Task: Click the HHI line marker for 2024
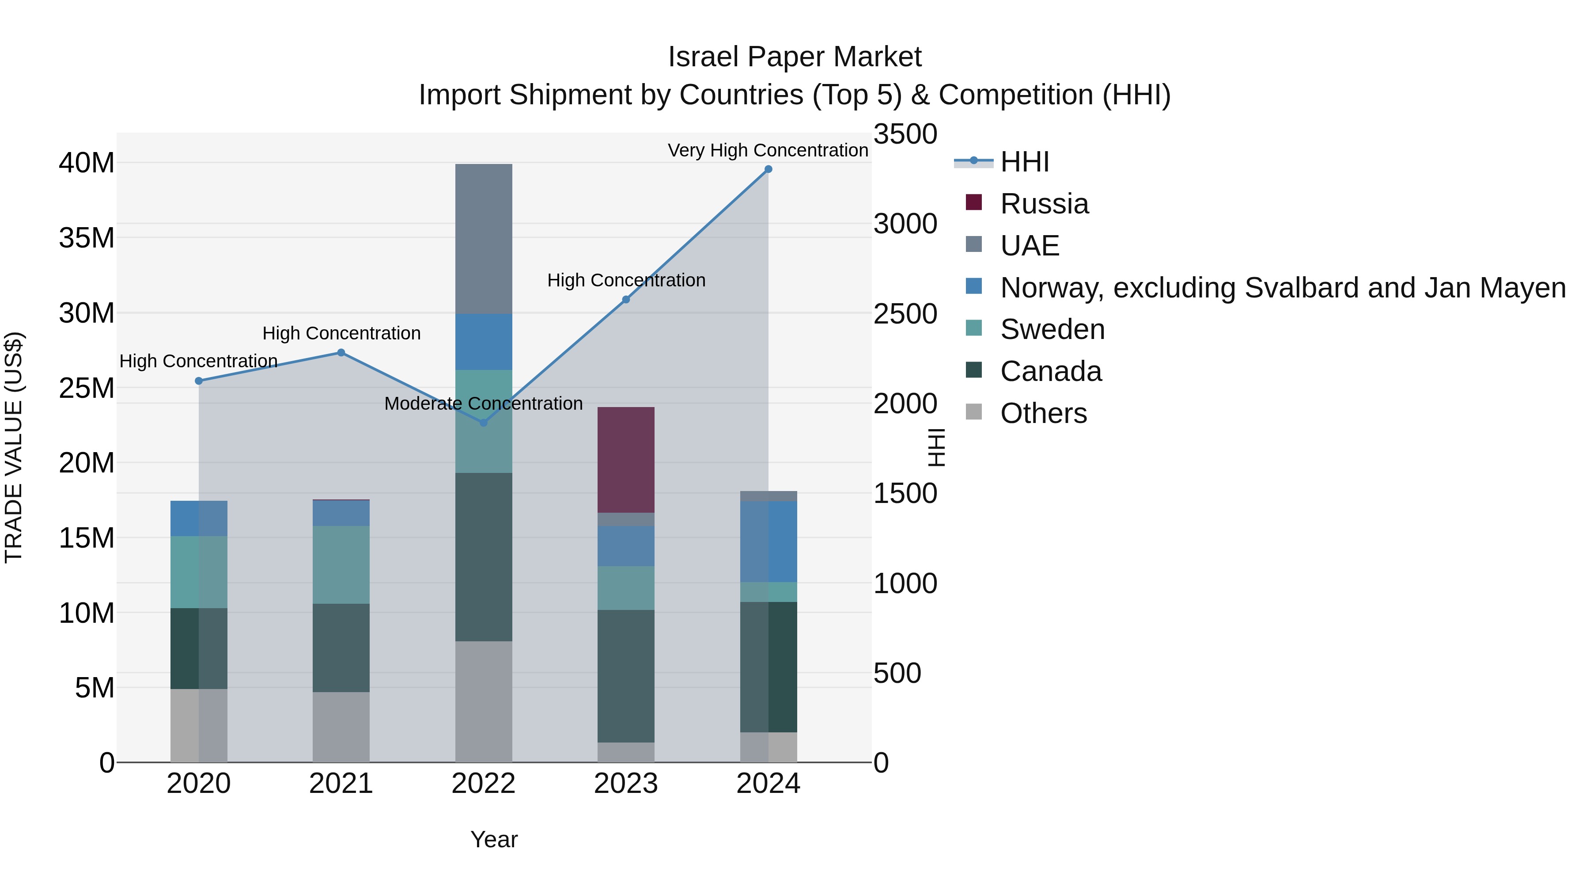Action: (x=768, y=169)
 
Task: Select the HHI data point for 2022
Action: (x=483, y=423)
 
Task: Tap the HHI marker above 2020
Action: (x=199, y=381)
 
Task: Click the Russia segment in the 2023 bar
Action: (x=625, y=460)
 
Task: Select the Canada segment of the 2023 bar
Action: (x=625, y=676)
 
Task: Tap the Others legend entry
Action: (x=1043, y=413)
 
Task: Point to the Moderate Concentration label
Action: (x=483, y=404)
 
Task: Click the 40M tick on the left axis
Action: (x=87, y=163)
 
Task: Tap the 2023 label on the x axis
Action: (x=625, y=784)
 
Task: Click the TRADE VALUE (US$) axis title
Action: (x=14, y=447)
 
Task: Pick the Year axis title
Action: (x=494, y=839)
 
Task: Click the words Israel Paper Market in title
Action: (x=795, y=57)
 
